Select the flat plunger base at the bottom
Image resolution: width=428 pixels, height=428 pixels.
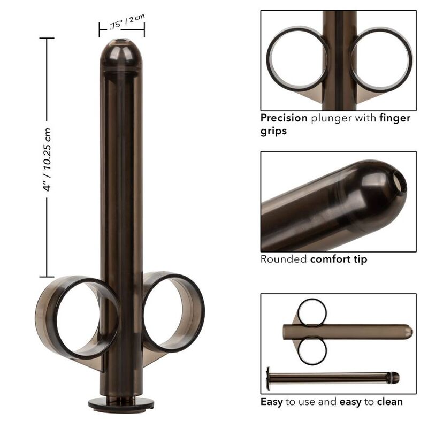point(121,404)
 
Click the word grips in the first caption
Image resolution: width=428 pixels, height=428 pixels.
point(273,131)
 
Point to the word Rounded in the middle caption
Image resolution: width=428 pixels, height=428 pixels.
point(284,259)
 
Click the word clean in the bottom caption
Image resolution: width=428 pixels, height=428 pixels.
point(390,401)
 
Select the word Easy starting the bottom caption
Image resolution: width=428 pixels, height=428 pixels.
point(272,401)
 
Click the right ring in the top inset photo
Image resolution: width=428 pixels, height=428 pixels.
point(381,59)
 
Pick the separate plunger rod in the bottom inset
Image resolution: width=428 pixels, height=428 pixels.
point(332,378)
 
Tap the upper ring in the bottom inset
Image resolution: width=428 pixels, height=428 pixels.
point(312,312)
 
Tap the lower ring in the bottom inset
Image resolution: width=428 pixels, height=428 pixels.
point(312,350)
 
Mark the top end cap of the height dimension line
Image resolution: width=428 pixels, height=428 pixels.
point(47,38)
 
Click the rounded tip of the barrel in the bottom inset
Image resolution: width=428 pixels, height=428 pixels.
point(408,332)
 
